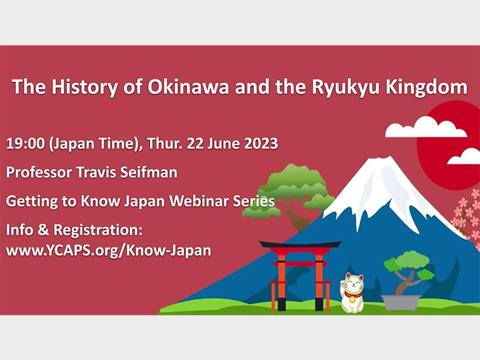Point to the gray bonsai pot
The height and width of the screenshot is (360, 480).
[x=401, y=301]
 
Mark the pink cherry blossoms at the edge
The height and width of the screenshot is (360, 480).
[x=467, y=213]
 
